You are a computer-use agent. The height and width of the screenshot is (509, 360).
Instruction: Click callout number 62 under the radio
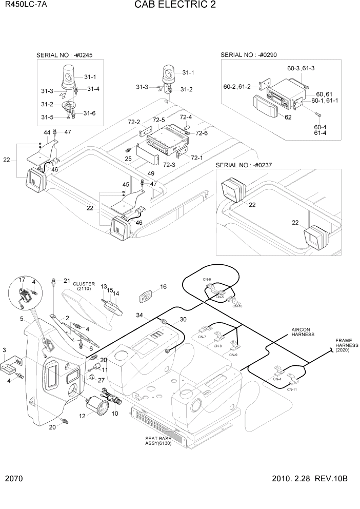point(288,117)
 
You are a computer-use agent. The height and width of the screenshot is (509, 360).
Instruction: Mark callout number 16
point(163,286)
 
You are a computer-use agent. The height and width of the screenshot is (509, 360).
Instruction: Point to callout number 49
point(151,173)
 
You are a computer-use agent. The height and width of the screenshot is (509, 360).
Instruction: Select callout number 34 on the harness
point(139,315)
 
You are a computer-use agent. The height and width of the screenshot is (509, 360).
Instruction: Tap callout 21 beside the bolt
point(66,280)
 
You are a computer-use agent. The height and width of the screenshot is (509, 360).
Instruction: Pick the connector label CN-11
point(292,390)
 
